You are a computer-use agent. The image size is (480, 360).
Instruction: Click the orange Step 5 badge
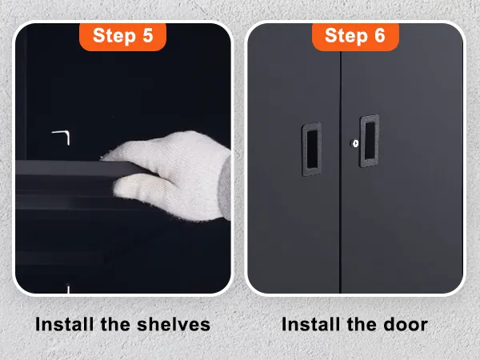(122, 36)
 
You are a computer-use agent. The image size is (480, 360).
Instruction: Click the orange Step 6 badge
(355, 36)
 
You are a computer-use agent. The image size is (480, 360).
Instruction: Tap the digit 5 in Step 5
(148, 35)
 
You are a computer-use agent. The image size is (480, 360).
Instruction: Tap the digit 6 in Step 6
(379, 35)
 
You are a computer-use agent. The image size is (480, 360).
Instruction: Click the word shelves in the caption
(174, 324)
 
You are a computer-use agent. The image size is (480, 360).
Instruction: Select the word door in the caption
(406, 324)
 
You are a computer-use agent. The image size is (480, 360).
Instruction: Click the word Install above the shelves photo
(64, 324)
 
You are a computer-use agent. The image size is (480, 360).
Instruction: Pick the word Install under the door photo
(310, 324)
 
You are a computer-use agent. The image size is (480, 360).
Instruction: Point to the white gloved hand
(167, 174)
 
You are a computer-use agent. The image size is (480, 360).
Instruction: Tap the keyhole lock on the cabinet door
(355, 143)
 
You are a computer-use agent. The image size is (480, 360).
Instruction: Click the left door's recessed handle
(312, 150)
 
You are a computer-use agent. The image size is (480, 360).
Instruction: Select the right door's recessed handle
(370, 141)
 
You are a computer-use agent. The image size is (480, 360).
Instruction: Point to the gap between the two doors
(340, 171)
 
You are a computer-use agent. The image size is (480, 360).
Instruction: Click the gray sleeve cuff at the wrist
(226, 186)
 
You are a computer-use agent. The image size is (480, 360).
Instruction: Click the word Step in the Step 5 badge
(114, 36)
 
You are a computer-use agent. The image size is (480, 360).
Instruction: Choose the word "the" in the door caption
(362, 324)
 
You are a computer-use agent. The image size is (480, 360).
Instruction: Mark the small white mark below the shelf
(68, 289)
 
